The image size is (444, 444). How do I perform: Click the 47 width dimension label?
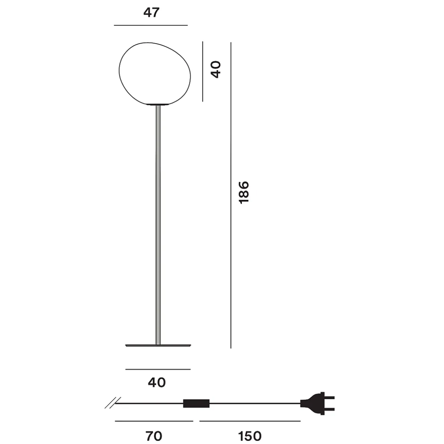[x=151, y=13]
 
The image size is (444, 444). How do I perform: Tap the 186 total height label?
[x=244, y=192]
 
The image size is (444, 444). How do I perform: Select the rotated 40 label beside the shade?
[x=216, y=69]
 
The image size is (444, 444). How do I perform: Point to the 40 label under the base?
[x=157, y=382]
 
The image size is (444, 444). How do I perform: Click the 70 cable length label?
[x=154, y=436]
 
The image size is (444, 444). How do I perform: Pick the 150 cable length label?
[x=250, y=436]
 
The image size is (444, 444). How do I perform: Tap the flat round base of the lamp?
[x=158, y=346]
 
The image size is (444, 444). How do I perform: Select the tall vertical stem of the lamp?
[x=158, y=226]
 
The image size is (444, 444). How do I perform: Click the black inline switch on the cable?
[x=196, y=403]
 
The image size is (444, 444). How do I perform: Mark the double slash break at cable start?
[x=111, y=403]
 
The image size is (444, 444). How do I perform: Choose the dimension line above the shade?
[x=151, y=25]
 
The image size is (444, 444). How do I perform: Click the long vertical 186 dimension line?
[x=231, y=195]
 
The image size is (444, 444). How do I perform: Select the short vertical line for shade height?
[x=202, y=72]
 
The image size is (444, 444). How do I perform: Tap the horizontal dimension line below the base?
[x=158, y=369]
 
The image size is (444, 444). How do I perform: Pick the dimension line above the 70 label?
[x=154, y=421]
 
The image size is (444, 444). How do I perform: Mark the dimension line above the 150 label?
[x=250, y=421]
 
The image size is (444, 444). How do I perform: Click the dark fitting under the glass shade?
[x=158, y=104]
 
